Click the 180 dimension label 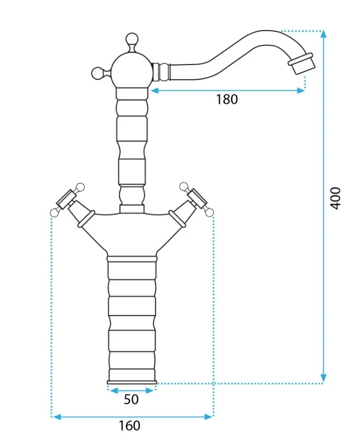point(227,99)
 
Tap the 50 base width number point(131,399)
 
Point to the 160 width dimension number point(129,426)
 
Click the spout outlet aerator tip point(301,63)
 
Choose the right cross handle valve point(192,202)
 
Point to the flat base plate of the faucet point(132,382)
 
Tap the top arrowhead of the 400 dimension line point(323,34)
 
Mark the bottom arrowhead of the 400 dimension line point(323,378)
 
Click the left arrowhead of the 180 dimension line point(155,91)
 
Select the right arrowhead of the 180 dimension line point(301,91)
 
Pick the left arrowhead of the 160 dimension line point(57,417)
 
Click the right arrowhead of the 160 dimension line point(209,417)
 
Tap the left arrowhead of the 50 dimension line point(113,391)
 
